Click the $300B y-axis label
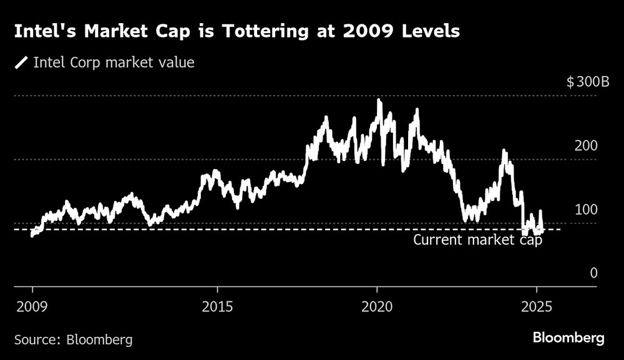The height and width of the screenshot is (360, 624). (588, 82)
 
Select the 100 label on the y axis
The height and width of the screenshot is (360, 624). (586, 210)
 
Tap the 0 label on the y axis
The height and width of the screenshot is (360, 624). (593, 273)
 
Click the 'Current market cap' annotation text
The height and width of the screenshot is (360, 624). (478, 240)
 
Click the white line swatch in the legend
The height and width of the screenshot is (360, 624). (22, 62)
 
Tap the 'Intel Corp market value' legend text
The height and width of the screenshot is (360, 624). (114, 62)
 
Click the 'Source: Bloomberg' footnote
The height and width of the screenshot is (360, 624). (73, 339)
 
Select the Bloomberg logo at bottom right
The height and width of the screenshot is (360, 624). (568, 338)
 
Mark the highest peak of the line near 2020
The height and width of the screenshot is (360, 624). (379, 100)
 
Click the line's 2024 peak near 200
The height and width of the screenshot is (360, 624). (504, 151)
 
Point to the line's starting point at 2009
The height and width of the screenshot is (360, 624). (32, 235)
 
